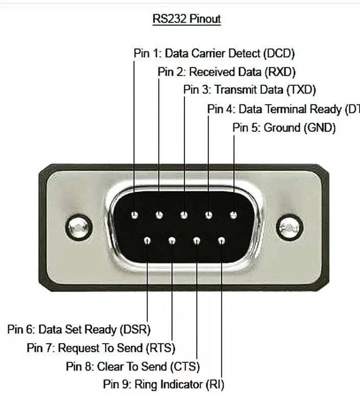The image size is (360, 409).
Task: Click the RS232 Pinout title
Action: (186, 19)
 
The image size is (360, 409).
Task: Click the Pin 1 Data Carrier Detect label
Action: (214, 53)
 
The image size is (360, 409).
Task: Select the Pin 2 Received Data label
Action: (227, 72)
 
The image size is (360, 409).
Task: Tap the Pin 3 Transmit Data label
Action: (250, 90)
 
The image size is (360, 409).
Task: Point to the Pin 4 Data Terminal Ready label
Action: (283, 109)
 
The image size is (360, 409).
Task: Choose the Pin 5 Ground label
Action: (284, 128)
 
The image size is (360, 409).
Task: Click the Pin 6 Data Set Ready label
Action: (79, 329)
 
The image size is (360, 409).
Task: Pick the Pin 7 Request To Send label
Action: (101, 348)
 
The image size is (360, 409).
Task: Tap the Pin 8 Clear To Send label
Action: (133, 367)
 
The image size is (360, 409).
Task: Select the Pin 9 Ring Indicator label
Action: (163, 384)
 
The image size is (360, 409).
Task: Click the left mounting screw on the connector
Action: (79, 227)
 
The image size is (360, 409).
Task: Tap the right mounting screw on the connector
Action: (290, 227)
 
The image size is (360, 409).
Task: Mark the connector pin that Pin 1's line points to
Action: (134, 215)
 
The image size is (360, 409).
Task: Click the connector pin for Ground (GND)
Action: (233, 215)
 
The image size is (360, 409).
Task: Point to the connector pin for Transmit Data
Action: (184, 215)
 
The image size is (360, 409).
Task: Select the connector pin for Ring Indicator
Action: (221, 240)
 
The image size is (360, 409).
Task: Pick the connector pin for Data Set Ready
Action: (147, 240)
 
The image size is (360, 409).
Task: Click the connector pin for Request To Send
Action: (172, 240)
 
